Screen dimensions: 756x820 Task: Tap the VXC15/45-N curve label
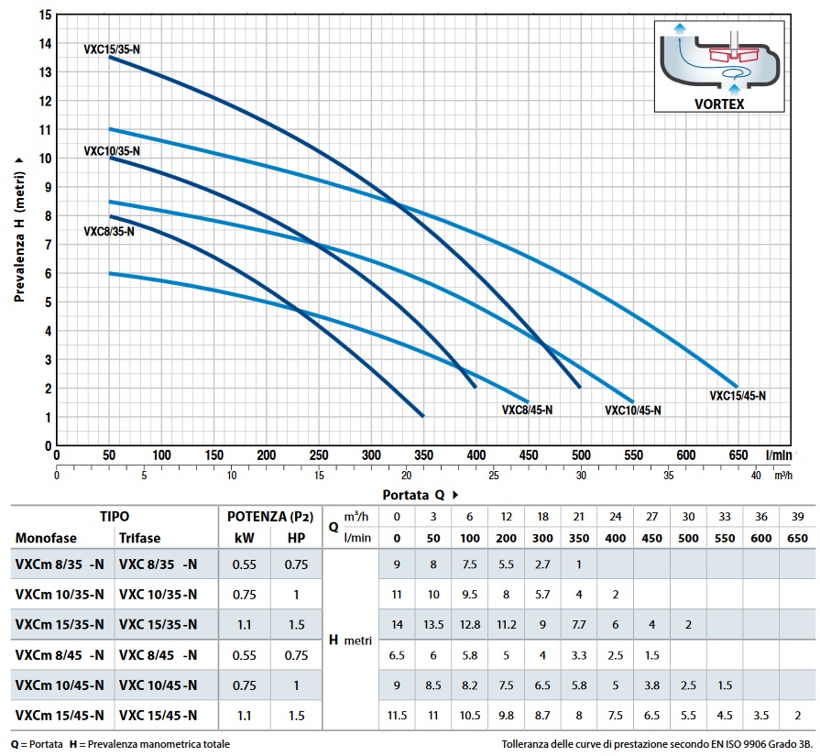[x=738, y=396]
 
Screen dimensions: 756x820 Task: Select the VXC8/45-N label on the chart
[x=527, y=410]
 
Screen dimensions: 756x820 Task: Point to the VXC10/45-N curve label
[x=632, y=411]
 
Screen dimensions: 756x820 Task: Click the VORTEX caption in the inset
[x=718, y=104]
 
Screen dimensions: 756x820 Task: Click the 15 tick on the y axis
[x=44, y=15]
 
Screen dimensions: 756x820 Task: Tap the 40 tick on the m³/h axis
[x=756, y=475]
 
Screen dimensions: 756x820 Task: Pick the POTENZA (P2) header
[x=270, y=517]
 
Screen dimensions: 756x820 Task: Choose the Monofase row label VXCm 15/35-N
[x=60, y=625]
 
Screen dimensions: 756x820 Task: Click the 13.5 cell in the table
[x=433, y=625]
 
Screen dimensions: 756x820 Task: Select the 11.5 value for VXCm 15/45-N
[x=397, y=716]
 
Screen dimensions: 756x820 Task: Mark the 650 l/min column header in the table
[x=798, y=538]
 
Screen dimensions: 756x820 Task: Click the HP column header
[x=296, y=538]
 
